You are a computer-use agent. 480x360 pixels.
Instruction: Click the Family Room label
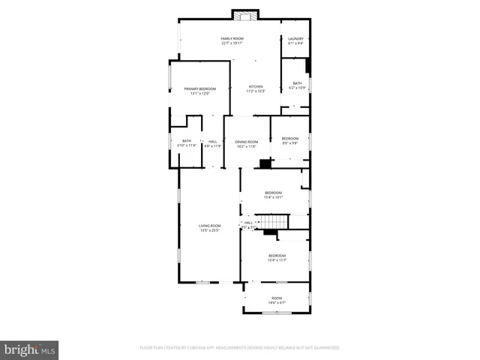pyautogui.click(x=232, y=38)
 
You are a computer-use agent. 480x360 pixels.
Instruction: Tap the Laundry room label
pyautogui.click(x=295, y=38)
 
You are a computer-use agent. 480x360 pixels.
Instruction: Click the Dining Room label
pyautogui.click(x=247, y=142)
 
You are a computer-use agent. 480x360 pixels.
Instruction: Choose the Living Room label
pyautogui.click(x=209, y=226)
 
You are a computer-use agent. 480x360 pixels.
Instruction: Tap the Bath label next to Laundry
pyautogui.click(x=297, y=83)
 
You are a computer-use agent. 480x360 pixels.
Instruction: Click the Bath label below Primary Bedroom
pyautogui.click(x=186, y=141)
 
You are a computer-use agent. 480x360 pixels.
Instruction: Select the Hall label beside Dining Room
pyautogui.click(x=213, y=142)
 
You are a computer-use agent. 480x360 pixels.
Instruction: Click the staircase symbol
pyautogui.click(x=271, y=222)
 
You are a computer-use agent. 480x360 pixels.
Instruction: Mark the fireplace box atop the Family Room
pyautogui.click(x=244, y=15)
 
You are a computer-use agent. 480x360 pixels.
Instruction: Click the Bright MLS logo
pyautogui.click(x=30, y=349)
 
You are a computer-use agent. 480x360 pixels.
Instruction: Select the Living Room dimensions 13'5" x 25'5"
pyautogui.click(x=209, y=230)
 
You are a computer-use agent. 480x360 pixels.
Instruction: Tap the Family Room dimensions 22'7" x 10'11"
pyautogui.click(x=232, y=43)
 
